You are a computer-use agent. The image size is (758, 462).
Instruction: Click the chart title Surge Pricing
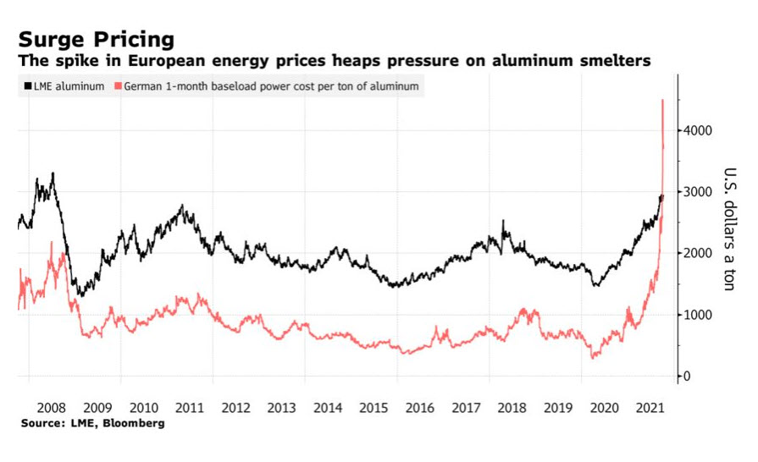[x=97, y=39]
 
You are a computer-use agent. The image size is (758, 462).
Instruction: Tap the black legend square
[x=27, y=86]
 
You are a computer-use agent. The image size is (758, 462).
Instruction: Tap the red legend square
[x=120, y=86]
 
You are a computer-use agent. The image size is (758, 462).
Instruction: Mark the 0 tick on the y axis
[x=687, y=376]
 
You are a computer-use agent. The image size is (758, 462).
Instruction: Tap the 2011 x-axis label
[x=189, y=406]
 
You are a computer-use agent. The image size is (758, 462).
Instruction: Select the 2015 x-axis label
[x=373, y=406]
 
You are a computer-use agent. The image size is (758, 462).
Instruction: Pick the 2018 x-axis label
[x=511, y=406]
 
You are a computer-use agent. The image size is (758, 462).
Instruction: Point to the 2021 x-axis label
[x=649, y=406]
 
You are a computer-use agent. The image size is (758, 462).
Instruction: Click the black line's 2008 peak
[x=53, y=173]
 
